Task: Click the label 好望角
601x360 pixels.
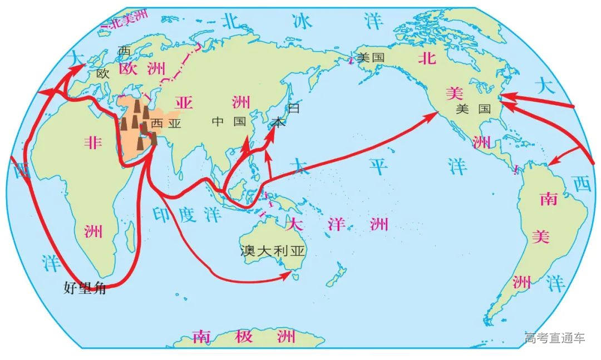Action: click(85, 288)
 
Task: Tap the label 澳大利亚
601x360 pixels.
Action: click(273, 251)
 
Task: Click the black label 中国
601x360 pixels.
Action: click(229, 122)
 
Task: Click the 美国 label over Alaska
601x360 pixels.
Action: click(371, 57)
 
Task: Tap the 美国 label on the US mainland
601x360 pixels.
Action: click(473, 110)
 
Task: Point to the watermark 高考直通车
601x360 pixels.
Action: click(554, 338)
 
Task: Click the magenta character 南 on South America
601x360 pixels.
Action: click(548, 200)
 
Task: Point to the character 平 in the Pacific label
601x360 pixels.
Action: click(379, 165)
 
